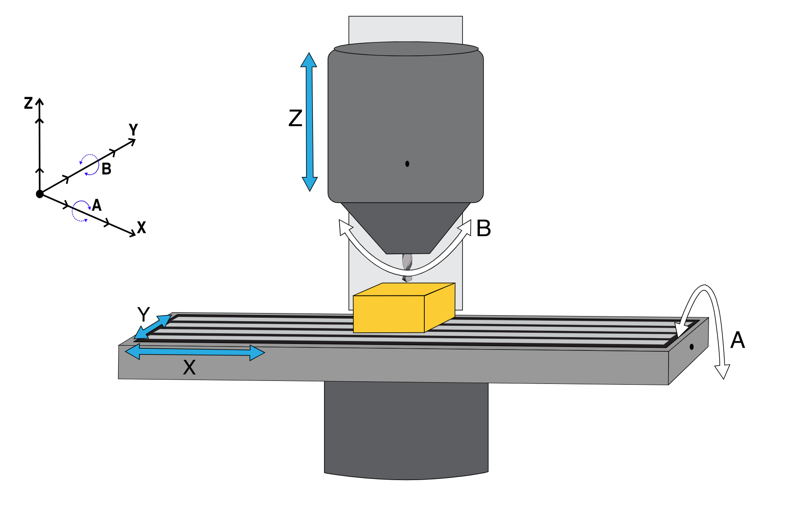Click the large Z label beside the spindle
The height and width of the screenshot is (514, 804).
tap(295, 118)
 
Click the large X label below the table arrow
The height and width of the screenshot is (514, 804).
tap(189, 368)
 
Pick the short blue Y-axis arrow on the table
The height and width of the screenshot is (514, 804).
tap(153, 327)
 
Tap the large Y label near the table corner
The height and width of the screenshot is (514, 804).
tap(143, 314)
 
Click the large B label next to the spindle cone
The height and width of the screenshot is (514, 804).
tap(484, 228)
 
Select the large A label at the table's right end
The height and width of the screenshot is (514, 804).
tap(737, 340)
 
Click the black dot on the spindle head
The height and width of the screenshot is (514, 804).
tap(407, 164)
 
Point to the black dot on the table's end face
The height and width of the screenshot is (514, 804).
tap(691, 347)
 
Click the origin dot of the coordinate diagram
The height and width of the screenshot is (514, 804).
tap(40, 194)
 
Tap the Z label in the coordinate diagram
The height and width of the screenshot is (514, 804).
tap(28, 103)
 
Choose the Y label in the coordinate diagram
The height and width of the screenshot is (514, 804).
tap(134, 129)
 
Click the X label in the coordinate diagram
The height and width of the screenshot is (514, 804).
tap(141, 227)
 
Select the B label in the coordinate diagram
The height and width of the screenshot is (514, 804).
tap(106, 169)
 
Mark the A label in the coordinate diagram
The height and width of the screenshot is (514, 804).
tap(97, 205)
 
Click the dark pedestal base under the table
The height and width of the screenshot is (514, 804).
tap(406, 429)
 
